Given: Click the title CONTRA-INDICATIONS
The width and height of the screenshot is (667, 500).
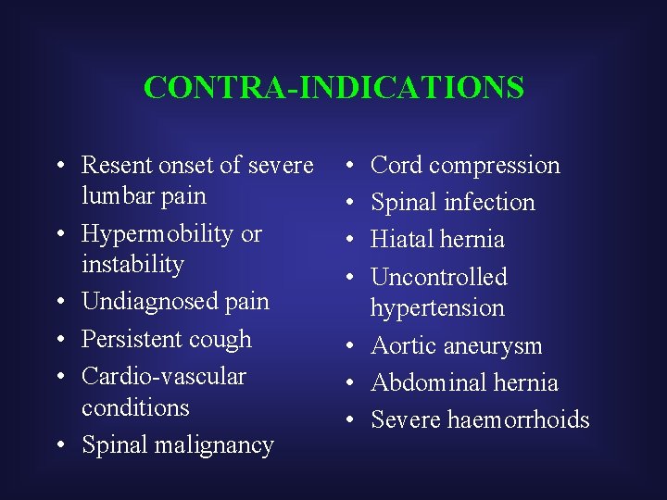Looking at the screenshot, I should tap(333, 87).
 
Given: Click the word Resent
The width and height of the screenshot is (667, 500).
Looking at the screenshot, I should tap(115, 165).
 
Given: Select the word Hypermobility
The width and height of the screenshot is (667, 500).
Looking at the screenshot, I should tap(158, 234).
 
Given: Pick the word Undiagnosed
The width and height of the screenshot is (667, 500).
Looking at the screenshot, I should tap(149, 302).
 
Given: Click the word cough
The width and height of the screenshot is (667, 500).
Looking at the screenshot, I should tap(220, 340).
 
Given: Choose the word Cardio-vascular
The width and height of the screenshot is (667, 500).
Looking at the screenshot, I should tap(164, 376).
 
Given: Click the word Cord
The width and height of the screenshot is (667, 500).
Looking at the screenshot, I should tap(396, 165).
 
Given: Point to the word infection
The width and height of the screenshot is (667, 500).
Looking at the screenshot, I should tap(490, 203).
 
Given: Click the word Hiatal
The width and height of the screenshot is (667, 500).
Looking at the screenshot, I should tap(404, 239).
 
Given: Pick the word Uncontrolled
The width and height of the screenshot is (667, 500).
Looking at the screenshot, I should tap(439, 277).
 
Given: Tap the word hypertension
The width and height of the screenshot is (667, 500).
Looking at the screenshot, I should tap(437, 307).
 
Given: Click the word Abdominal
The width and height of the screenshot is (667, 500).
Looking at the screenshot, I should tap(431, 382).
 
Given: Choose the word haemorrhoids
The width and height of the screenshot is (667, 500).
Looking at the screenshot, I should tap(519, 419).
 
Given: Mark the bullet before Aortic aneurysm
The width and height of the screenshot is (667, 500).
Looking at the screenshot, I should tap(353, 346).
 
